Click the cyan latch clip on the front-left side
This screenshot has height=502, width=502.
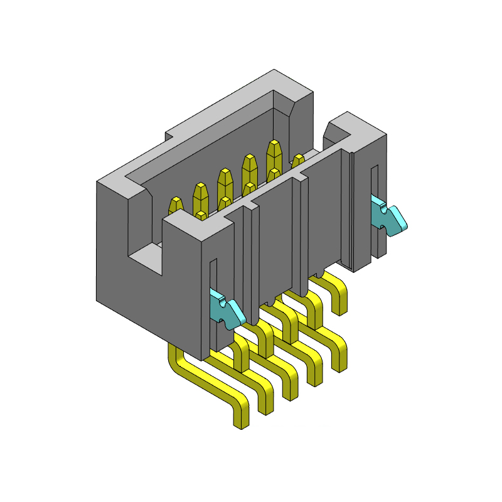click(226, 311)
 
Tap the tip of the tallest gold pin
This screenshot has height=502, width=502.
click(274, 147)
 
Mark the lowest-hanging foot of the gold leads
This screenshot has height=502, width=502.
click(240, 422)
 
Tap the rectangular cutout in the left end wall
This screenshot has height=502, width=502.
click(146, 257)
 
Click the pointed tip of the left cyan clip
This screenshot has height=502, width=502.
click(242, 317)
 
